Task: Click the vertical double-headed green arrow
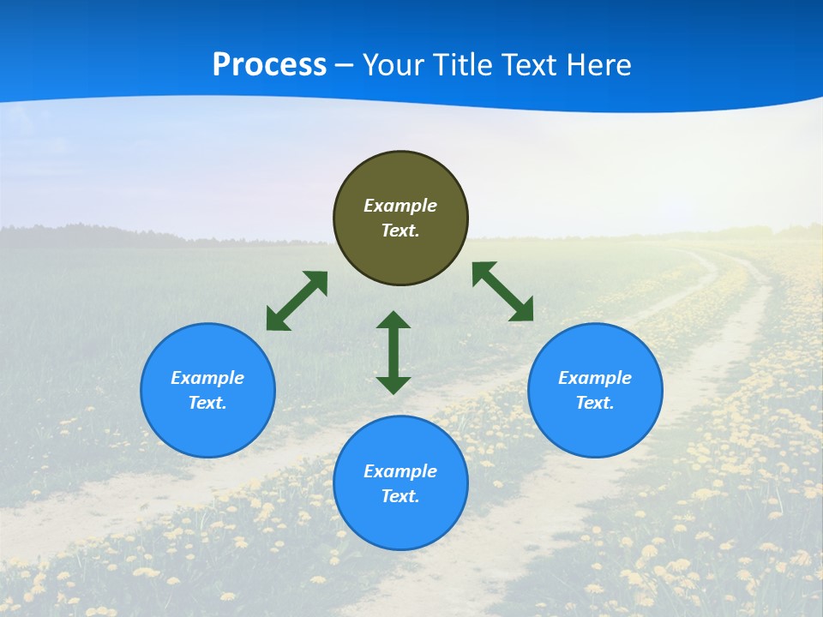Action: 393,352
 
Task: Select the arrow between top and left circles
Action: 297,301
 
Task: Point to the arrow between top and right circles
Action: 502,291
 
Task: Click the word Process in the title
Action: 269,65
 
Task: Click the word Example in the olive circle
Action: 400,206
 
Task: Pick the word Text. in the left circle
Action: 207,403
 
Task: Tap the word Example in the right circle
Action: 595,378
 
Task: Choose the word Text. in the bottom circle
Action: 400,496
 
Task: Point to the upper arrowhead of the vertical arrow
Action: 393,320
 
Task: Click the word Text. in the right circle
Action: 595,403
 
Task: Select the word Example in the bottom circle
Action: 400,471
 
